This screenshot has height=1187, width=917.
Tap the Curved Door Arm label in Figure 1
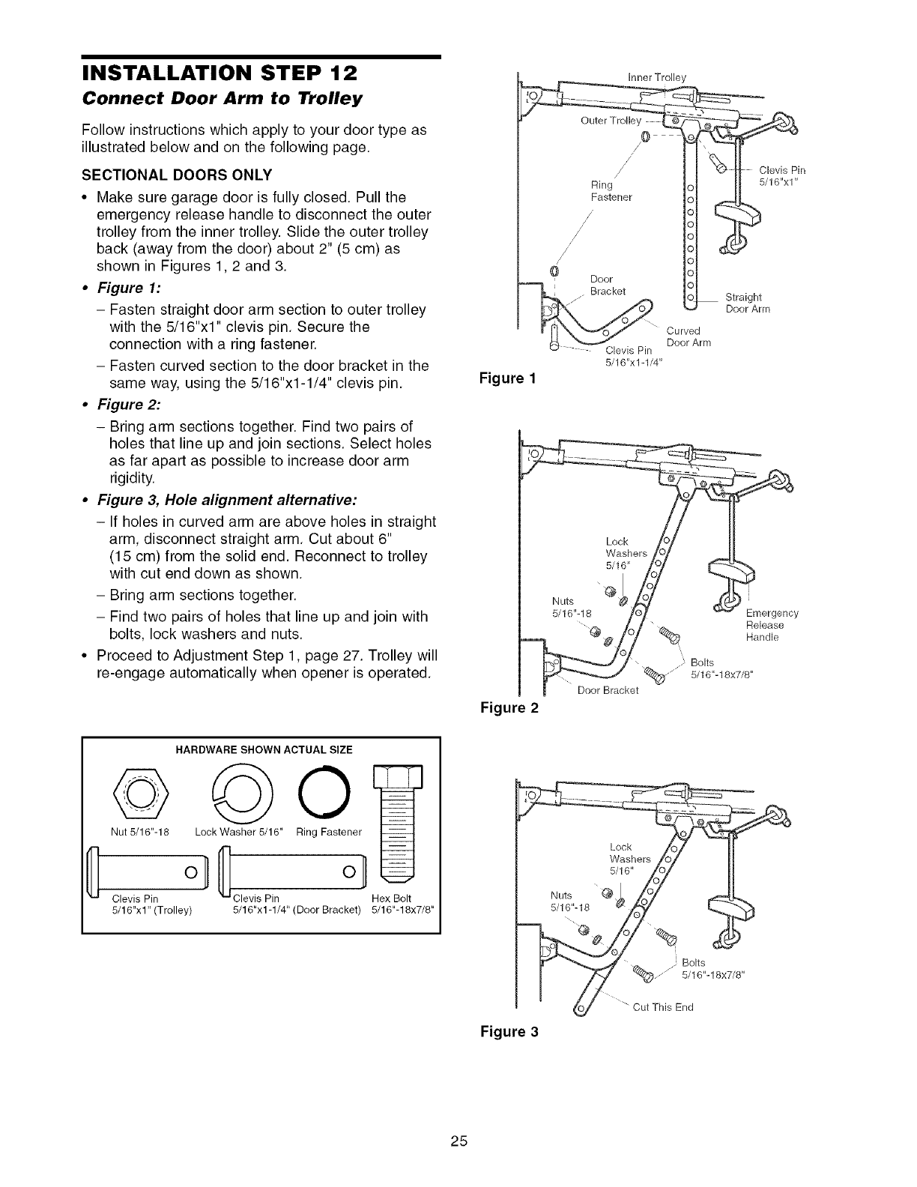pos(688,336)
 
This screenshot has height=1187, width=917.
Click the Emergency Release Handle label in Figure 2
pos(772,625)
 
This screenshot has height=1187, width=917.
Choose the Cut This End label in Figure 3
pos(663,1006)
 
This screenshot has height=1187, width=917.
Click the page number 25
pos(458,1142)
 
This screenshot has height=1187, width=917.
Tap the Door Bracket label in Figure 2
pos(608,690)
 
